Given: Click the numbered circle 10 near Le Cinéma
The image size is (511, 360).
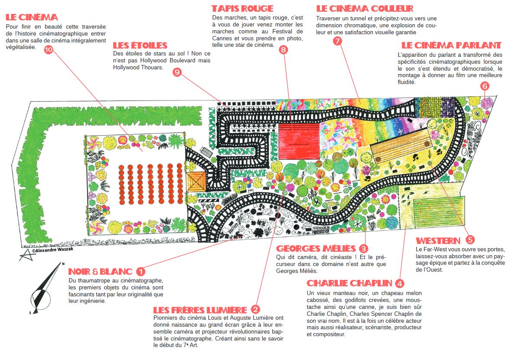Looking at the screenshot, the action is click(x=49, y=49).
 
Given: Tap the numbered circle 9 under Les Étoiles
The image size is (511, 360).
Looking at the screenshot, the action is click(x=177, y=72).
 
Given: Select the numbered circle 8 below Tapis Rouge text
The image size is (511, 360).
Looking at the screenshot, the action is click(x=283, y=49).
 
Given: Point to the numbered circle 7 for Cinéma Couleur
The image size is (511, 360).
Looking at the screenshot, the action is click(x=338, y=41).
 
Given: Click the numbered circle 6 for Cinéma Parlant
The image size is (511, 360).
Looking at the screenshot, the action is click(x=485, y=86).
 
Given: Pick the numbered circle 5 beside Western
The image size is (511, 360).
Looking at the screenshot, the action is click(x=470, y=240).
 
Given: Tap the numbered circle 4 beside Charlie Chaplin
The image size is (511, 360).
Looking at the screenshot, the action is click(x=400, y=283).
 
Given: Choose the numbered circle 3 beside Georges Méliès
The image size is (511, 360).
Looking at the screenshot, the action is click(x=363, y=249).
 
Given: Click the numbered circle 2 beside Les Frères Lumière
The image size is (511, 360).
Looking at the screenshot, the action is click(x=256, y=309).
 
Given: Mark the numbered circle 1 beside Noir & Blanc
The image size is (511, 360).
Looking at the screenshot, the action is click(x=140, y=271).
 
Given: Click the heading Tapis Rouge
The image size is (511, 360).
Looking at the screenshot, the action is click(x=242, y=9).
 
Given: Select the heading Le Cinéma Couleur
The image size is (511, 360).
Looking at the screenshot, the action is click(x=365, y=9).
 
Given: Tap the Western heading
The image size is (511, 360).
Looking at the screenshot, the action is click(x=438, y=241).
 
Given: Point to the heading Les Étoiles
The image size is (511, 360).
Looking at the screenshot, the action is click(x=140, y=45).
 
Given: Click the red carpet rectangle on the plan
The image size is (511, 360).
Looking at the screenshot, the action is click(x=299, y=142).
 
